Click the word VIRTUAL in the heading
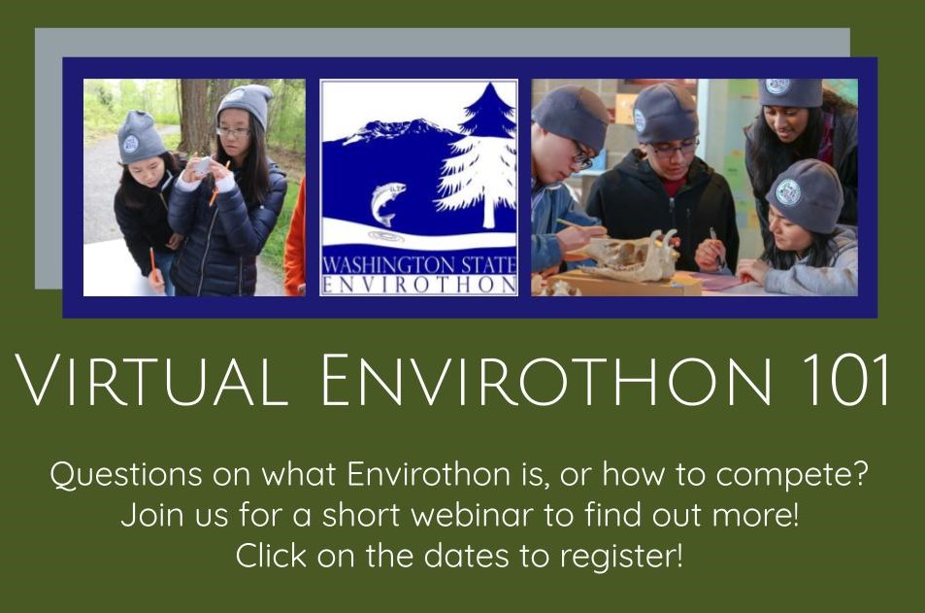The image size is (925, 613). coord(151,380)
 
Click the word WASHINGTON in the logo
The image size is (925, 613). coord(389,265)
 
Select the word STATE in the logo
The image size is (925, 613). coord(488,265)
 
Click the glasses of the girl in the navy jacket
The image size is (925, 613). coord(232,132)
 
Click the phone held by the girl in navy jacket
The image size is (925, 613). coord(202,166)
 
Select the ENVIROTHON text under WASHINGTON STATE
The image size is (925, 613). coord(419,286)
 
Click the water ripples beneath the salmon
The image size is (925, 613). coord(386,236)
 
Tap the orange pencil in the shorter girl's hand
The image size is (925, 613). coord(152,263)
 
